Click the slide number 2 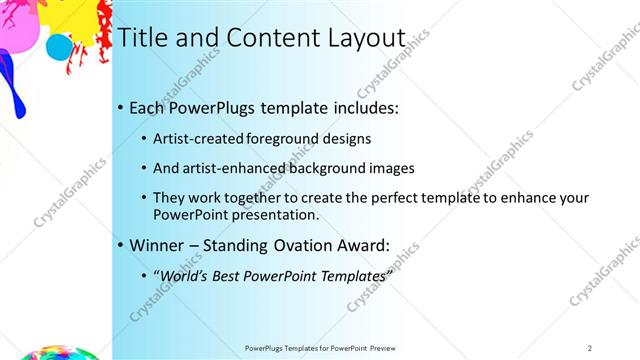coord(590,348)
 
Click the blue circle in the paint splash coord(59,46)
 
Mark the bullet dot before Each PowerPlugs coord(121,107)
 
